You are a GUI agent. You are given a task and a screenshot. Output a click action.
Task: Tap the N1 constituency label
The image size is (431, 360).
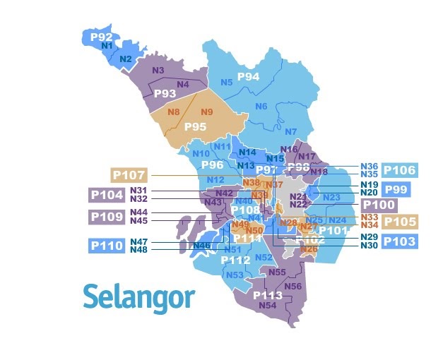[107, 47]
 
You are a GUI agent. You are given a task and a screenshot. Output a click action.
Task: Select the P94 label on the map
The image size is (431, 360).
[248, 76]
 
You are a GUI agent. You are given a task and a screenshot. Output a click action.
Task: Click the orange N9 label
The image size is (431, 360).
[207, 112]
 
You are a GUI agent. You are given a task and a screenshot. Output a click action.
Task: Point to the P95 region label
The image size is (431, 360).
[195, 126]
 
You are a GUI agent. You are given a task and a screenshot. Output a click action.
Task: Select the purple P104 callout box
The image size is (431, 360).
[106, 195]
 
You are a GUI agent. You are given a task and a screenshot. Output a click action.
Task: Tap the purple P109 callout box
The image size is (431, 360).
[106, 216]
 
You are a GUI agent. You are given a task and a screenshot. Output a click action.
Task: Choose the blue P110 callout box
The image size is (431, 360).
[106, 246]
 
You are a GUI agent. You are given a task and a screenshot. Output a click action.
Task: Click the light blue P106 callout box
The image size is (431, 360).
[400, 170]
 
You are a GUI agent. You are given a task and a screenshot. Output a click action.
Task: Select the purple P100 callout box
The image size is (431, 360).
[379, 205]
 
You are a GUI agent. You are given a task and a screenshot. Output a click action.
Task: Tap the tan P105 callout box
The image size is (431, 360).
[401, 222]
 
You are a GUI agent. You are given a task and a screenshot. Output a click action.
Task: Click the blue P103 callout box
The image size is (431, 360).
[400, 241]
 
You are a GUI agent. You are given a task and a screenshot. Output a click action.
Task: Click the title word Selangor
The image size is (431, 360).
[138, 296]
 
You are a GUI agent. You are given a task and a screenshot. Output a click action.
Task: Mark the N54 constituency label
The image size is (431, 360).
[268, 306]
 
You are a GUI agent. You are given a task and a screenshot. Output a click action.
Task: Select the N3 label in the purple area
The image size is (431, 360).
[158, 71]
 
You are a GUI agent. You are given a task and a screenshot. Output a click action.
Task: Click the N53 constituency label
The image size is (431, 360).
[235, 275]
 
